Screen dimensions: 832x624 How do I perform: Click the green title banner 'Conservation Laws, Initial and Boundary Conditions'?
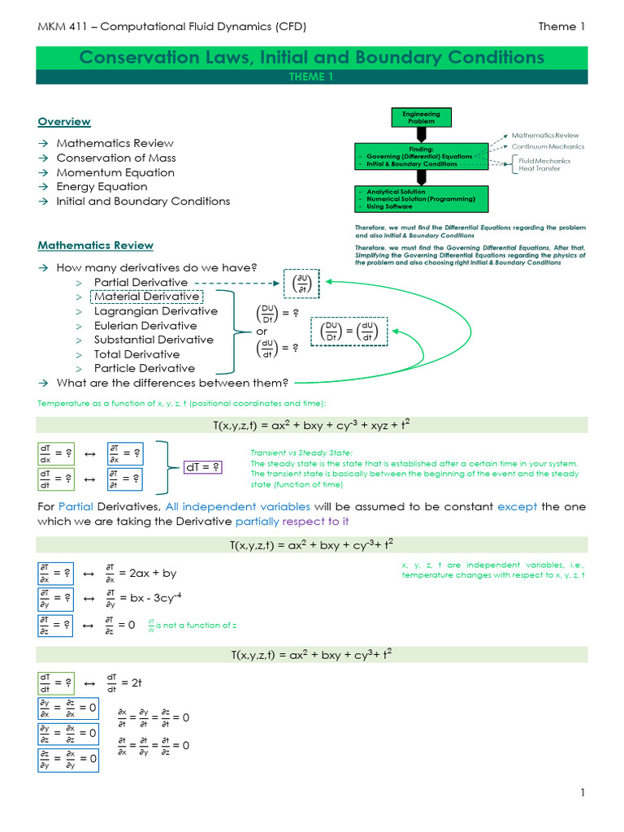(x=312, y=58)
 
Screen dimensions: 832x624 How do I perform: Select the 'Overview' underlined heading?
(x=64, y=122)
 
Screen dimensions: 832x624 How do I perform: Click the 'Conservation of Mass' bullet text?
(x=116, y=158)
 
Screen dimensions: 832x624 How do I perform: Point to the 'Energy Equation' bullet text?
(x=102, y=187)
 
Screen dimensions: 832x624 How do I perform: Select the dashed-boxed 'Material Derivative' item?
(x=146, y=297)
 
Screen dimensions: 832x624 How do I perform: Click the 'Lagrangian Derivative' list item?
(x=155, y=311)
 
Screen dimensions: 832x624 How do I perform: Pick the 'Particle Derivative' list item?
(x=144, y=368)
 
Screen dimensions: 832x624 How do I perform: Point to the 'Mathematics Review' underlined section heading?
(x=96, y=245)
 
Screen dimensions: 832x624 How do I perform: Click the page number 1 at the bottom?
(x=583, y=792)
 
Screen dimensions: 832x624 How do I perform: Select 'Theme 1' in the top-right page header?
(x=561, y=27)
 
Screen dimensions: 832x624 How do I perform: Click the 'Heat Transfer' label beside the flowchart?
(x=539, y=168)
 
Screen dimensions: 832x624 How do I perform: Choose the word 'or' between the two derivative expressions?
(x=262, y=331)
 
